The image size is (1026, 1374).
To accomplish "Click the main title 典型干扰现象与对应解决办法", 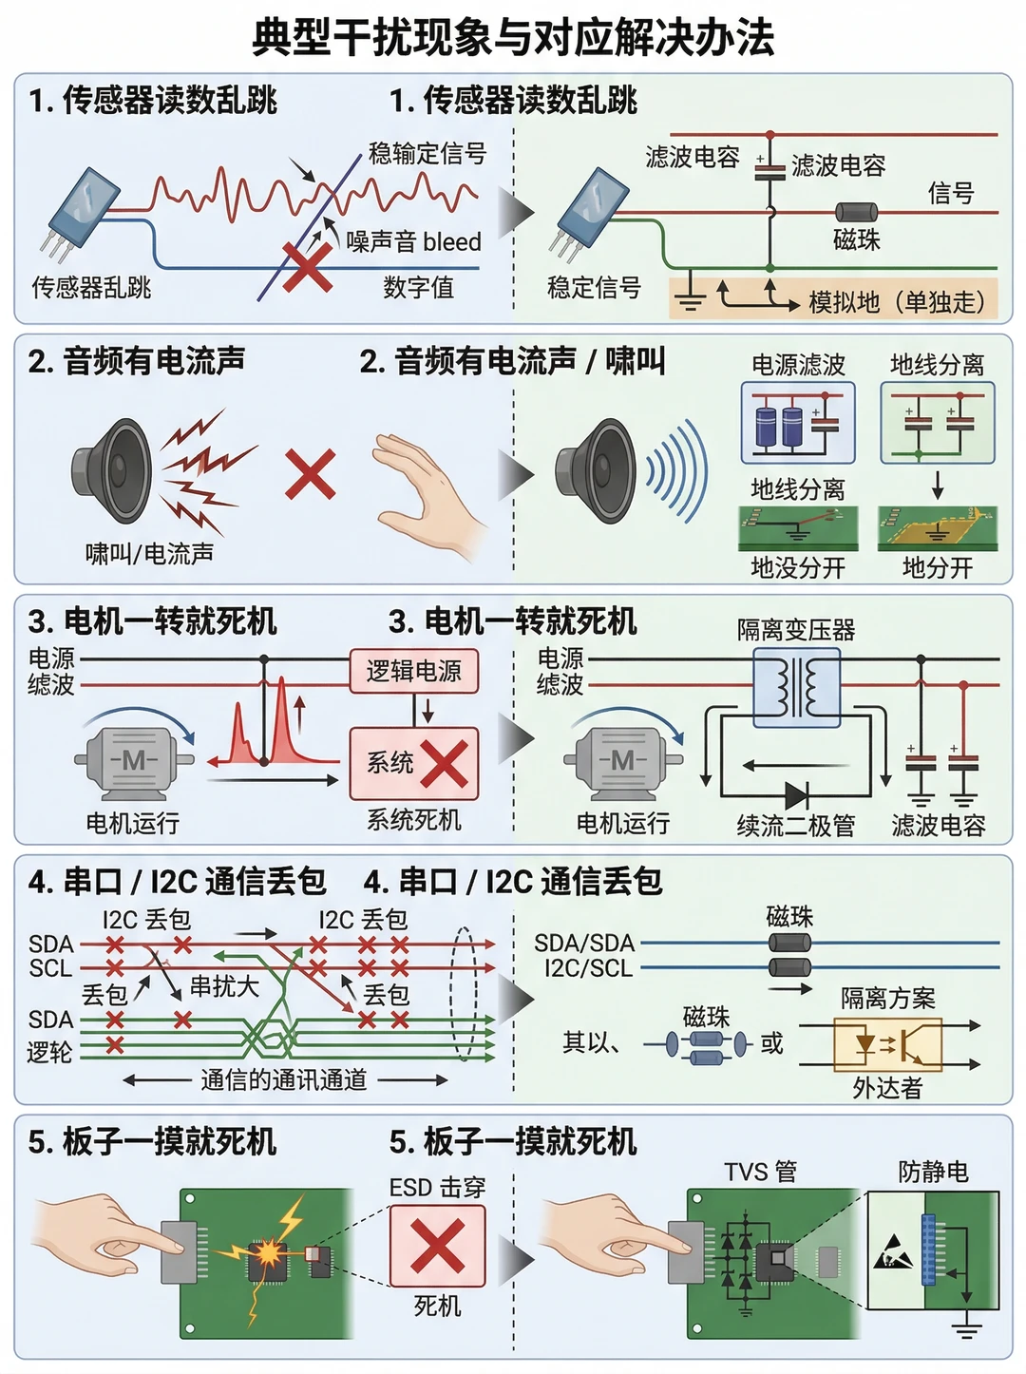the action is pos(513,37).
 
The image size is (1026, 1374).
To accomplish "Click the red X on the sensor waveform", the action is pos(307,268).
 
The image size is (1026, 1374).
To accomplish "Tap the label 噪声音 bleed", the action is pos(413,241).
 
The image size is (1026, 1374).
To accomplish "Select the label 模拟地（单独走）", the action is pos(897,302).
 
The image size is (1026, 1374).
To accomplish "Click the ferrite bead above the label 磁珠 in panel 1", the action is pos(857,212).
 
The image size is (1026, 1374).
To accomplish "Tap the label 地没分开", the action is pos(798,568).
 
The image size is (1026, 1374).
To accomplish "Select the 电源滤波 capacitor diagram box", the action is pos(798,423).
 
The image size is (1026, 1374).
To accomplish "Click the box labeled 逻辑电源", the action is pos(414,671).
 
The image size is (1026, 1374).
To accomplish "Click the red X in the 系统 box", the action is pos(445,763).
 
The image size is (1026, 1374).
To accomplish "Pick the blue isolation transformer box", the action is pos(796,687).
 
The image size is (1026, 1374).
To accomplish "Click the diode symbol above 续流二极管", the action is pos(797,795).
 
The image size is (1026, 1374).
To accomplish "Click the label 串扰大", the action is pos(224,987).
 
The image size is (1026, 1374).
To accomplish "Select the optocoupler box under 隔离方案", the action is pos(887,1044).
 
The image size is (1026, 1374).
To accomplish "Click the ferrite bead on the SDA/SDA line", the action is pos(789,942).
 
